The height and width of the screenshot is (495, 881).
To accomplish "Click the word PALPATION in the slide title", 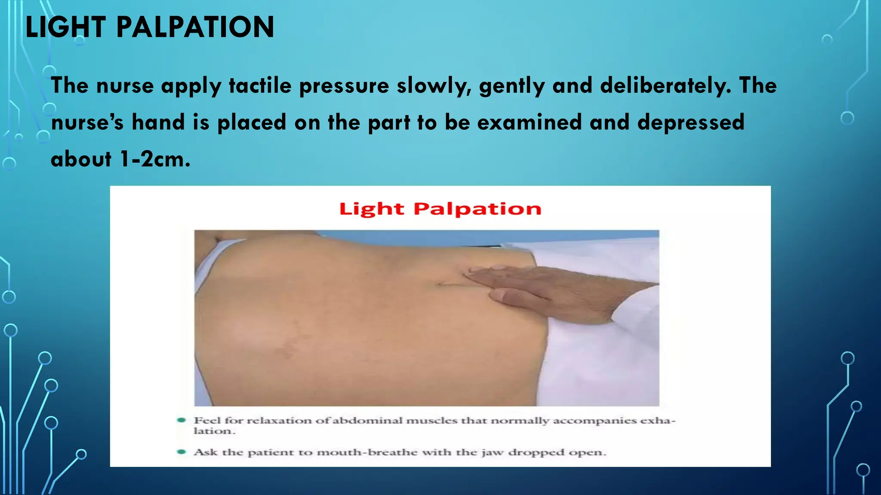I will click(x=195, y=27).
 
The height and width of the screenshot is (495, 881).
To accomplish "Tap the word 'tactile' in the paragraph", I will click(x=260, y=86).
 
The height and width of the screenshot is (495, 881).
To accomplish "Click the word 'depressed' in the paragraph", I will click(x=690, y=122).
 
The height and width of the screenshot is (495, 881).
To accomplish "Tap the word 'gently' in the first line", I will click(x=512, y=86).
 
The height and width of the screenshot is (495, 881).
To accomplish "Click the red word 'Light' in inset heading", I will click(x=372, y=209).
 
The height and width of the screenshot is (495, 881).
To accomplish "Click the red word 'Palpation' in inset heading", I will click(x=477, y=209).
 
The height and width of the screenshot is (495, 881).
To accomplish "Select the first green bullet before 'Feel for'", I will click(x=182, y=420).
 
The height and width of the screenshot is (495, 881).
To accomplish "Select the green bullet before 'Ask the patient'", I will click(x=182, y=452).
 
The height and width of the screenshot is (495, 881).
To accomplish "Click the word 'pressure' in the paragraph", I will click(x=344, y=86).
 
